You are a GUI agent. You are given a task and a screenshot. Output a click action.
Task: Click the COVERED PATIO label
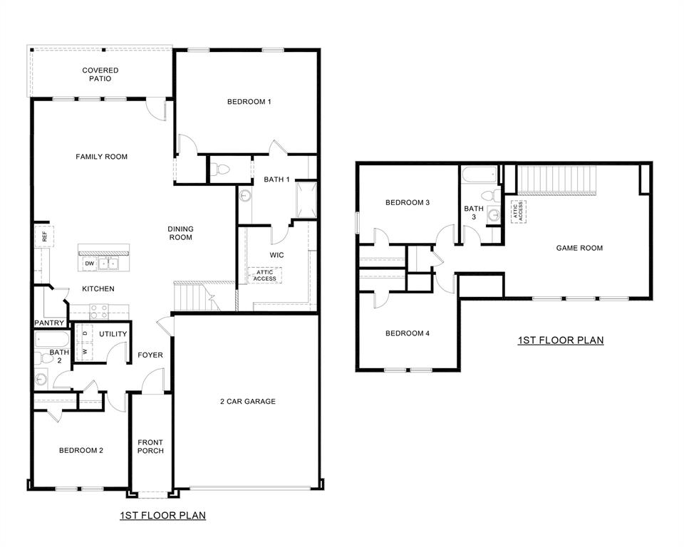click(100, 74)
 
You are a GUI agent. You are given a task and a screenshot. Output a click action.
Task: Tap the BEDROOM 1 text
click(249, 102)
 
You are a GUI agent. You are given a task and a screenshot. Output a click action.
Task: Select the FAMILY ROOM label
click(102, 157)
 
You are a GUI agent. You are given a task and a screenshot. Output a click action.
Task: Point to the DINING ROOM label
click(180, 233)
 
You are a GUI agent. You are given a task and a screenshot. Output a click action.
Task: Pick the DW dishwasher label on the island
click(89, 264)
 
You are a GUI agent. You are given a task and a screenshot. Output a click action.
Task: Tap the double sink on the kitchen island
click(109, 264)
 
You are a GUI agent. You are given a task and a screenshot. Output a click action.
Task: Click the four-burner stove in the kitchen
click(98, 311)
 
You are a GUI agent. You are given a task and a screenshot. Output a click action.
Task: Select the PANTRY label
click(49, 323)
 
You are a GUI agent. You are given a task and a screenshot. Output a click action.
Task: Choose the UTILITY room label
click(113, 334)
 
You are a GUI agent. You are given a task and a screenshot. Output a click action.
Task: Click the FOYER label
click(150, 355)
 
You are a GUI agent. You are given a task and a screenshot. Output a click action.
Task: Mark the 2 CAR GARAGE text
click(247, 402)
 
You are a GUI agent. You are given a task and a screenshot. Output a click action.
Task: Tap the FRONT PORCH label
click(150, 447)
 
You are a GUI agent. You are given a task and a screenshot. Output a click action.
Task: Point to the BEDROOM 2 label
click(81, 450)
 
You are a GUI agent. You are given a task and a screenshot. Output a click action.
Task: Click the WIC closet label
click(276, 254)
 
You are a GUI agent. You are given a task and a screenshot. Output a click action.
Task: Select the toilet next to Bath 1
click(222, 170)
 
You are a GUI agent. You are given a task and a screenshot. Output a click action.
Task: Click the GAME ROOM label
click(579, 248)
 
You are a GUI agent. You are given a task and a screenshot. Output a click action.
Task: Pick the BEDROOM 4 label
click(407, 333)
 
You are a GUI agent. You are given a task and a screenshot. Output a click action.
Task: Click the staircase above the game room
click(555, 179)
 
